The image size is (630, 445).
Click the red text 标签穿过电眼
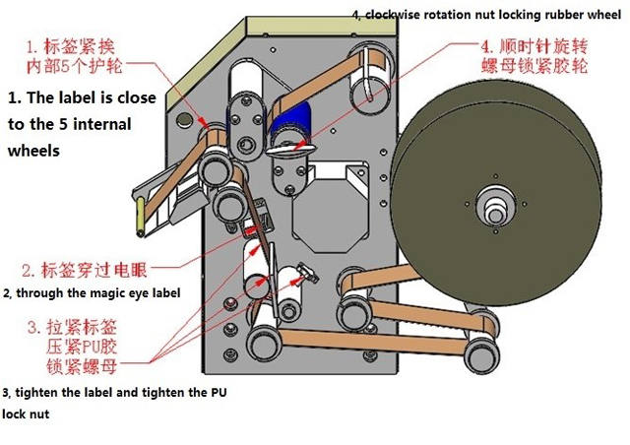tap(89, 268)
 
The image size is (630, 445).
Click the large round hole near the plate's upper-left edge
tap(184, 119)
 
